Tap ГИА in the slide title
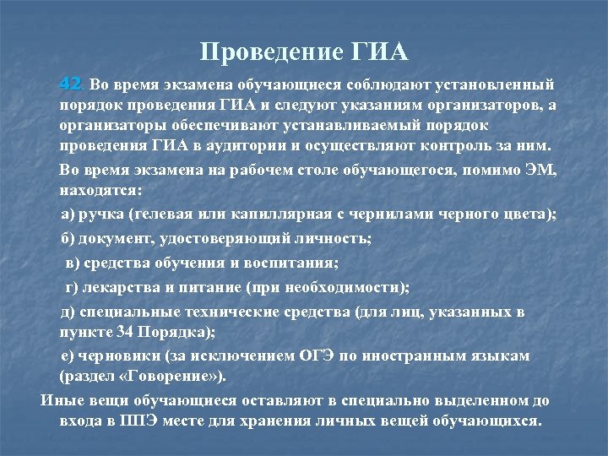pos(377,53)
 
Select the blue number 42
pos(70,84)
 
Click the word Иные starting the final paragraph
pos(60,399)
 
